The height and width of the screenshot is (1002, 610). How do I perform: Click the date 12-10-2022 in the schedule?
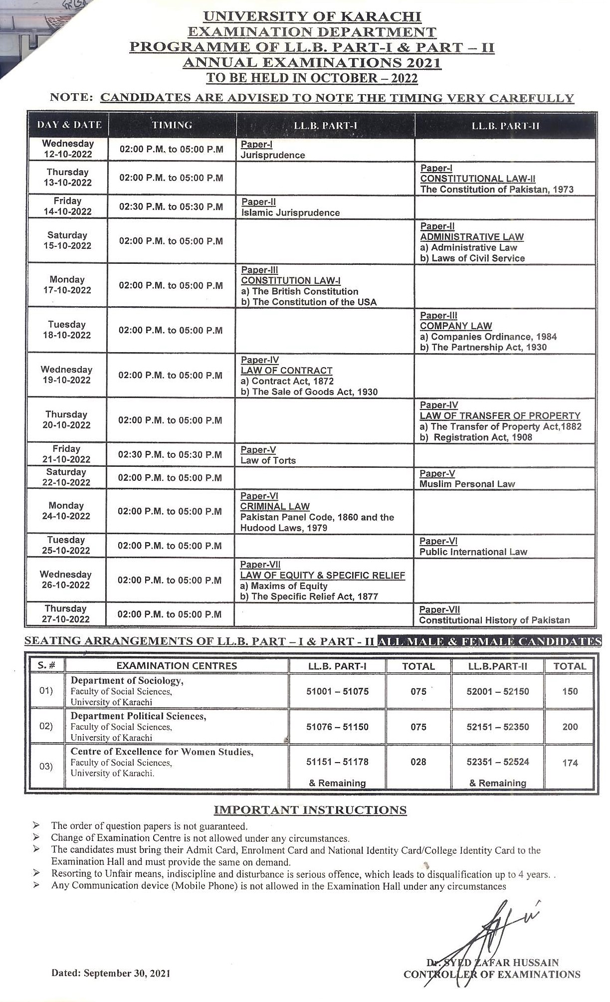[x=68, y=154]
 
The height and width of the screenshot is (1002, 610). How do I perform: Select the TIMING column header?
[x=172, y=125]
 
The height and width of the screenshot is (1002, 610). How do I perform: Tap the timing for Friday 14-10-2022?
[x=171, y=206]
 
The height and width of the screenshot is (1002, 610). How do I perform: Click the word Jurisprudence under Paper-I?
[x=272, y=155]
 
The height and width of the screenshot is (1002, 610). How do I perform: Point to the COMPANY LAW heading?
[x=456, y=326]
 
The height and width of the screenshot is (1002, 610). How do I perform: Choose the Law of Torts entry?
[x=268, y=460]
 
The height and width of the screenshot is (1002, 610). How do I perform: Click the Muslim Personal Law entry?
[x=467, y=484]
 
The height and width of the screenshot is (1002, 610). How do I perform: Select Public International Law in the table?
[x=473, y=552]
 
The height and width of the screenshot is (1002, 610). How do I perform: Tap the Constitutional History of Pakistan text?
[x=494, y=620]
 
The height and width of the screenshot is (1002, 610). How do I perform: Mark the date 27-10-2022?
[x=66, y=619]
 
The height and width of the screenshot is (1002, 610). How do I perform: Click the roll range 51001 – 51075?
[x=337, y=691]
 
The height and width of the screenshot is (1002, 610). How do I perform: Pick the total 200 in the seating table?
[x=570, y=727]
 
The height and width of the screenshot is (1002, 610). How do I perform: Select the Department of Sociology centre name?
[x=127, y=680]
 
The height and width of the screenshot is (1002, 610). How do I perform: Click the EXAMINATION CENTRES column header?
[x=177, y=666]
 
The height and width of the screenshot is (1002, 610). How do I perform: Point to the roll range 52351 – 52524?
[x=497, y=762]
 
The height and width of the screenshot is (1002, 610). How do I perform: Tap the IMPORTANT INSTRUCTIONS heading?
[x=310, y=810]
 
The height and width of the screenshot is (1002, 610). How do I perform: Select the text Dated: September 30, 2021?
[x=110, y=973]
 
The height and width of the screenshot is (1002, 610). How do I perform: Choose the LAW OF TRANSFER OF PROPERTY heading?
[x=500, y=416]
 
